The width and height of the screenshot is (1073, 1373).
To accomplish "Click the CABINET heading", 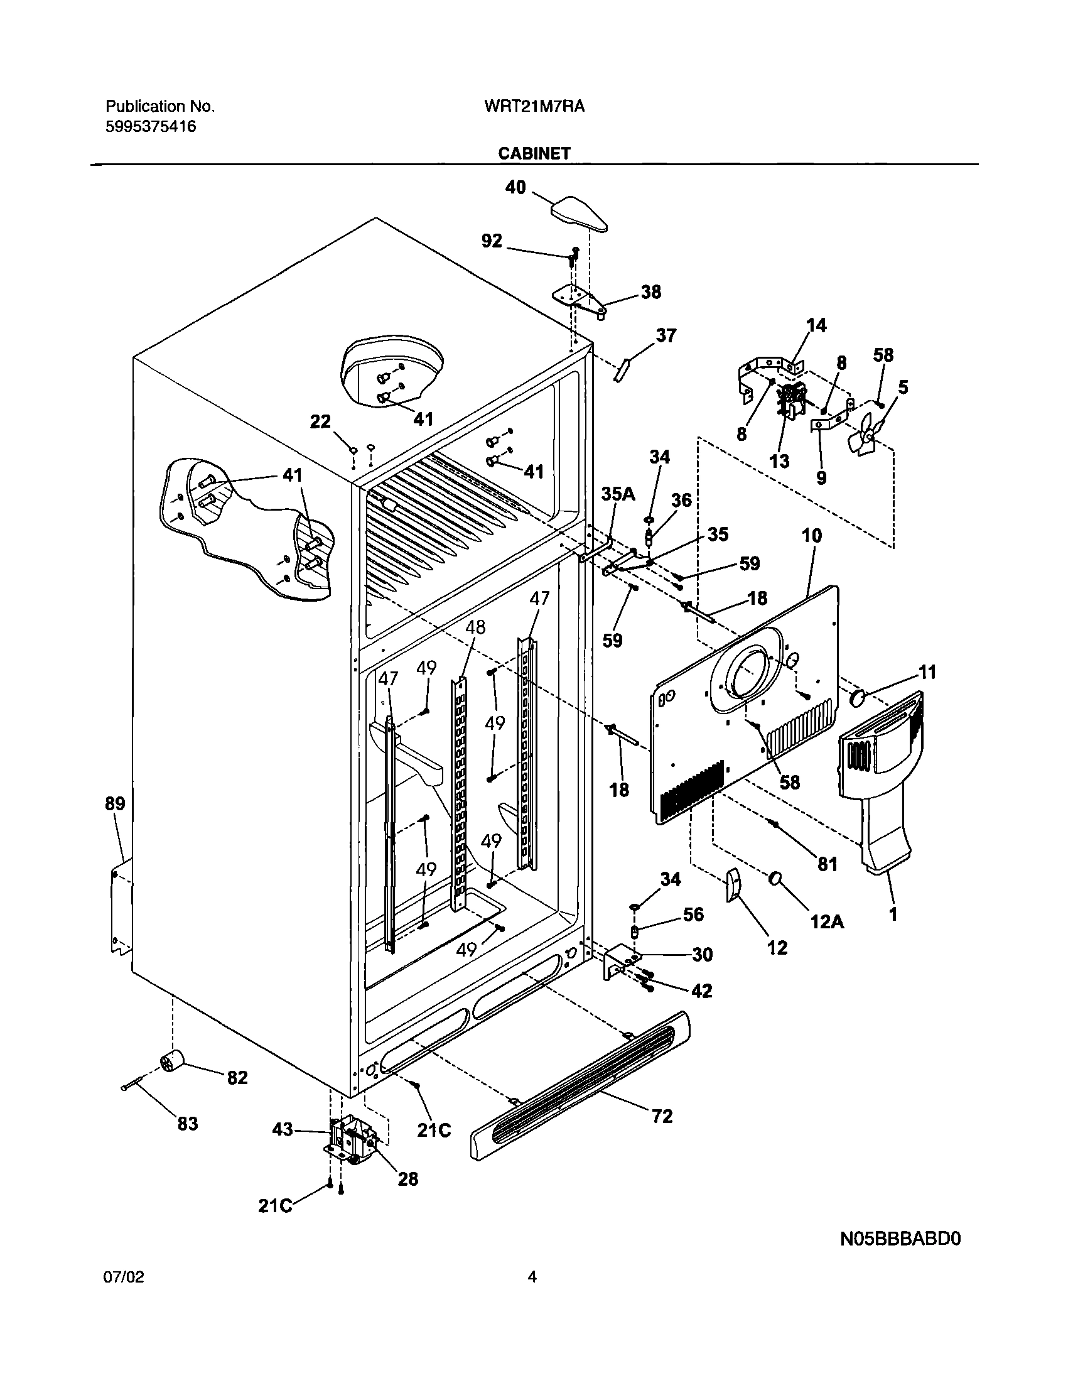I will click(x=534, y=153).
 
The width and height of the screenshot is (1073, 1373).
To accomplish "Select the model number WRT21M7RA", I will click(x=534, y=107).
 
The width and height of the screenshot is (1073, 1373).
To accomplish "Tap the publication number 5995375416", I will click(x=150, y=127).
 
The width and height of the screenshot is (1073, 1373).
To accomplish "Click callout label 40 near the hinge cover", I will click(x=515, y=187).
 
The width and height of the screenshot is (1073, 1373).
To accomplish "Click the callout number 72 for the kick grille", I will click(x=662, y=1116).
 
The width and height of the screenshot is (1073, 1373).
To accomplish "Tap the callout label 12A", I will click(x=827, y=921).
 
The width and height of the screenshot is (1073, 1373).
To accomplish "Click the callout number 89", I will click(x=115, y=803).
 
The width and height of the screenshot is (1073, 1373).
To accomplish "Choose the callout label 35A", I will click(x=618, y=494).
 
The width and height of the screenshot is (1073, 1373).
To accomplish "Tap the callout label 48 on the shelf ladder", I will click(x=475, y=627).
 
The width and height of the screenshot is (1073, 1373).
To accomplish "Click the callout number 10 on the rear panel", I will click(x=812, y=536).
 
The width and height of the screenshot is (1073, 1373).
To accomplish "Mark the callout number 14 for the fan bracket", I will click(x=816, y=325).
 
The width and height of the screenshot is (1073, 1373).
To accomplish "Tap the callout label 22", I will click(x=320, y=421).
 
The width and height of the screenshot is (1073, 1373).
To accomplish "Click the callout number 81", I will click(x=828, y=864).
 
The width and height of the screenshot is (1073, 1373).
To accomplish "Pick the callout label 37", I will click(x=666, y=335).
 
